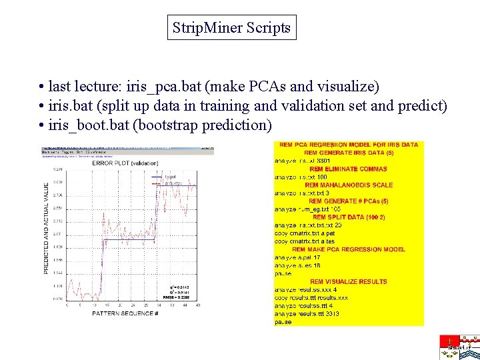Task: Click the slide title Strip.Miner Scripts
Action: coord(231,28)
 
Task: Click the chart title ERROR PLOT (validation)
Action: coord(125,163)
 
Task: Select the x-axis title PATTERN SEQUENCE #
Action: coord(124,313)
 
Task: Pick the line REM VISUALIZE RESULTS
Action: coord(349,281)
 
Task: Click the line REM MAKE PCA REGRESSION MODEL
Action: coord(349,249)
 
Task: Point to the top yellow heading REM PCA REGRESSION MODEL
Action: coord(349,145)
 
